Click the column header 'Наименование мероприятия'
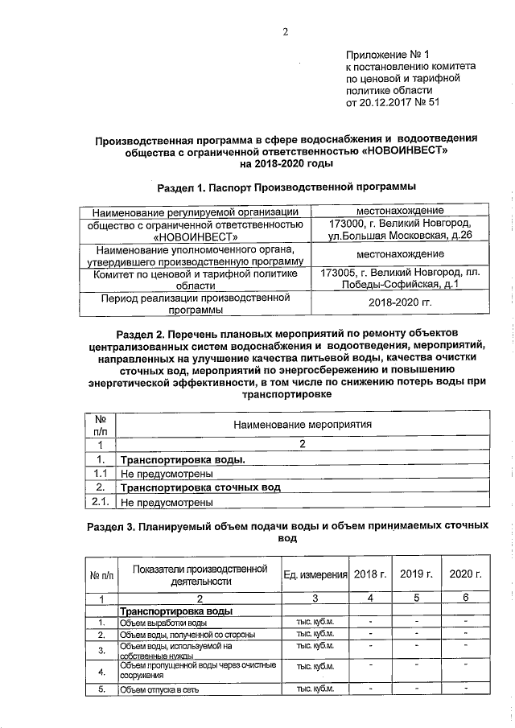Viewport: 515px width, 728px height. (x=303, y=424)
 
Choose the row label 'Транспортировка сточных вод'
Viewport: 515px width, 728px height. (x=200, y=487)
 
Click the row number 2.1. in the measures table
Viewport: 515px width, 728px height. (x=101, y=502)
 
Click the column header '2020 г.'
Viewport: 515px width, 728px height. (x=465, y=574)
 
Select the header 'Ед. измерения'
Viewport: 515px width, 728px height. (x=315, y=574)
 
